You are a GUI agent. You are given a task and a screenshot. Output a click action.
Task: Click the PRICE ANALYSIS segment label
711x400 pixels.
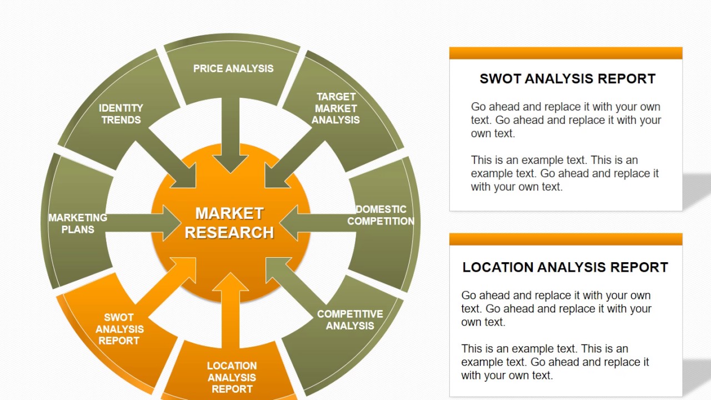[233, 68]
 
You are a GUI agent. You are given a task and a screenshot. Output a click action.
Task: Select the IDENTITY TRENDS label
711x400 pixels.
[121, 113]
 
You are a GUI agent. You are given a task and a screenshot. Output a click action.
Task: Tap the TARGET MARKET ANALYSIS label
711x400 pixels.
[336, 108]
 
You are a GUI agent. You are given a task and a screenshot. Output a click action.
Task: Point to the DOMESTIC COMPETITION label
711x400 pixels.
[380, 215]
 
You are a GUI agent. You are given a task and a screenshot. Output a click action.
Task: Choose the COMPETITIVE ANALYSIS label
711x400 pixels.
[350, 320]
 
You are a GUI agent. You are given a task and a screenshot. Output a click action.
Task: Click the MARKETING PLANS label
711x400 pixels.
[78, 223]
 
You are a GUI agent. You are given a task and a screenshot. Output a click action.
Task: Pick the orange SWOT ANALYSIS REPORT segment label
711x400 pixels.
[119, 329]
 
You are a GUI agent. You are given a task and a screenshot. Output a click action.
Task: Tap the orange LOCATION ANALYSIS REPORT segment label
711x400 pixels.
[232, 377]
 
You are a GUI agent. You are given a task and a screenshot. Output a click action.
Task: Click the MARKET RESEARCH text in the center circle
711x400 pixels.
[229, 222]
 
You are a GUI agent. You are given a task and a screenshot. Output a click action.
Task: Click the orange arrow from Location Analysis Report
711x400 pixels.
[231, 311]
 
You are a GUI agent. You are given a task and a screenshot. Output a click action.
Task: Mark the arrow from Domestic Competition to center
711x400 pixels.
[317, 223]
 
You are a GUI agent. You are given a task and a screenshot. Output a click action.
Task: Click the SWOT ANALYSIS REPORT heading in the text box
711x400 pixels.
[567, 79]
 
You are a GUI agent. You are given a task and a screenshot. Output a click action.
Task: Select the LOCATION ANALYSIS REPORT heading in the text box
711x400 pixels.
[565, 267]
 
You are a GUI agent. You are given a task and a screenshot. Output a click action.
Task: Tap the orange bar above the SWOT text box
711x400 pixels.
[565, 53]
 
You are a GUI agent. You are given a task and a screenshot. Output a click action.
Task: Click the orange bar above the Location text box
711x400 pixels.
[565, 239]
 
